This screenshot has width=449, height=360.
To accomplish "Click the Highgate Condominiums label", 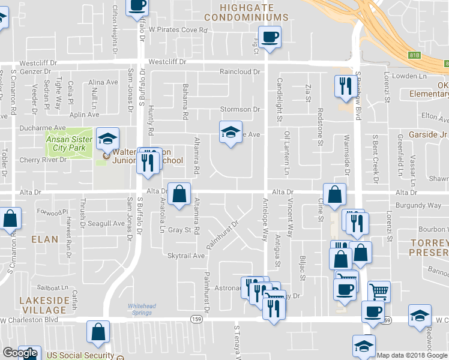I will point(246,12).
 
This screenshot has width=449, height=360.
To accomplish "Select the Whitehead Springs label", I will point(142,310).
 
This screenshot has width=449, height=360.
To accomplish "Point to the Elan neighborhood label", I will point(45,239).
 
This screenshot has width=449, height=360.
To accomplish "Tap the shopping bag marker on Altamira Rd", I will point(179,194).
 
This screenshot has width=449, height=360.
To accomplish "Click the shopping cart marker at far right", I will point(379,292).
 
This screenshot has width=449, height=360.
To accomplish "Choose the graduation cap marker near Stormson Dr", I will point(229,131).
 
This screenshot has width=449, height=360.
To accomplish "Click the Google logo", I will point(20,353).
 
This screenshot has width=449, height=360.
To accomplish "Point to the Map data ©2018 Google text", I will point(412,355).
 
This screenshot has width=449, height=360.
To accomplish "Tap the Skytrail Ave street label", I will point(186,256).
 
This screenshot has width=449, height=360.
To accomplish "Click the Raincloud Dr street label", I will point(239,72).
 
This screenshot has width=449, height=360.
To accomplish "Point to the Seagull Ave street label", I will point(106,224).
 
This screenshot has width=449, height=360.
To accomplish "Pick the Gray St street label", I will point(179,230).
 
